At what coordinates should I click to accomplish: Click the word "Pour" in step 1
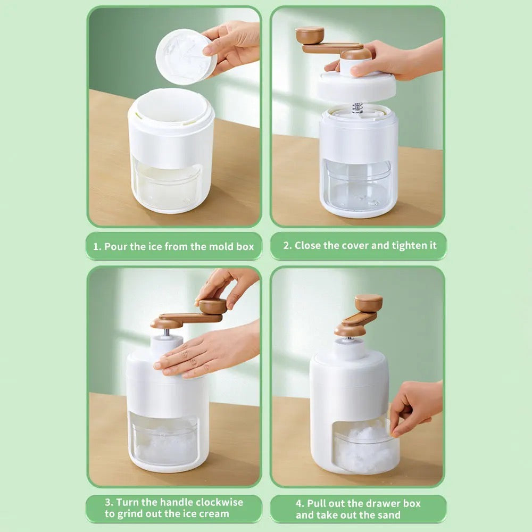click(x=115, y=246)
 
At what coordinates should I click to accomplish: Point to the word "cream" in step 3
click(x=213, y=514)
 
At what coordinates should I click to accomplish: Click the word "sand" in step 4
click(x=388, y=515)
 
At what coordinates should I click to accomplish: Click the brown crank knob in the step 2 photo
click(x=310, y=35)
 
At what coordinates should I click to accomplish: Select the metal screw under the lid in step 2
click(x=358, y=107)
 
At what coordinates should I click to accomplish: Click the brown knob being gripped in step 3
click(x=212, y=306)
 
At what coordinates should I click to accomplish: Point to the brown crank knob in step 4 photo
click(x=368, y=303)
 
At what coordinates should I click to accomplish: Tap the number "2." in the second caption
click(x=288, y=245)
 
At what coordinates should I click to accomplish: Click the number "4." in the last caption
click(x=300, y=503)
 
